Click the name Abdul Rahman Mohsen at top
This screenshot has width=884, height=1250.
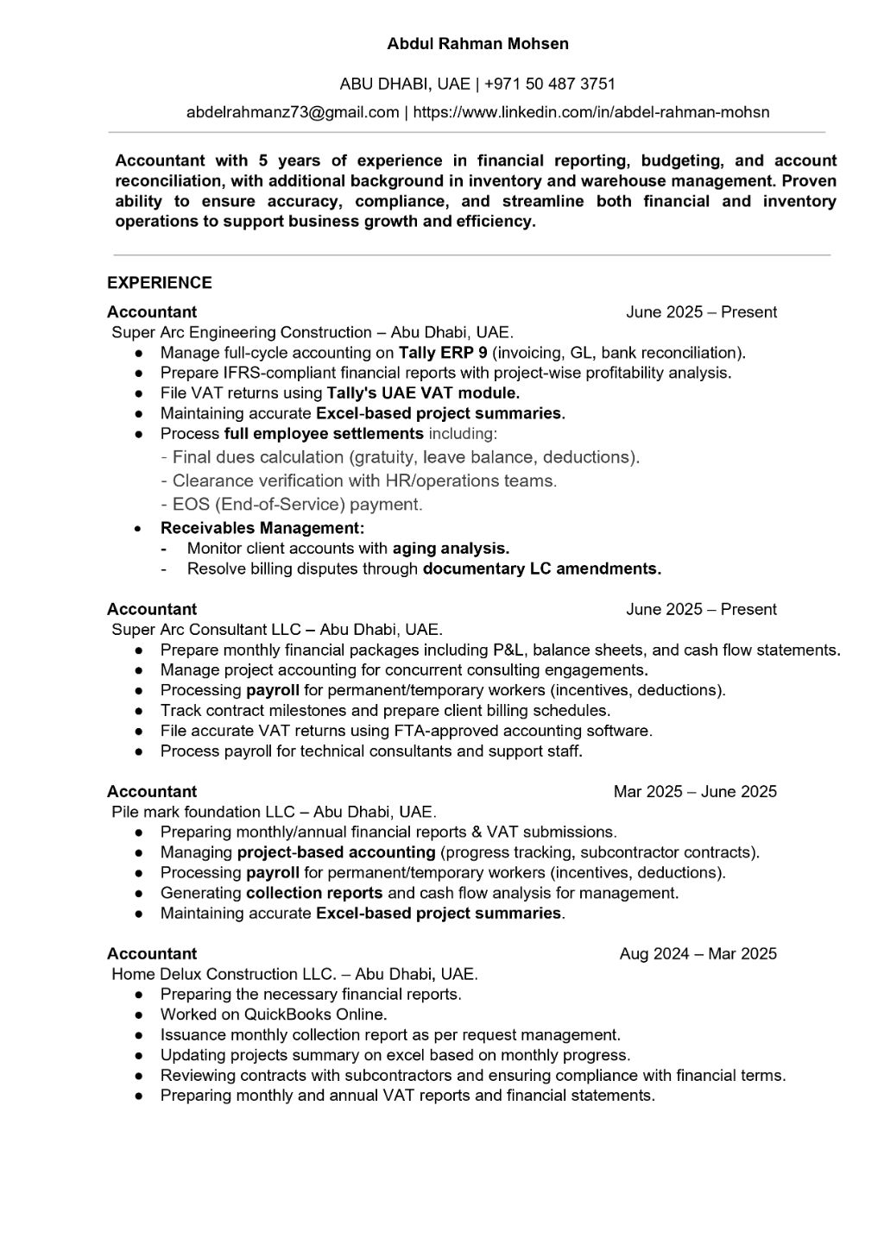(477, 43)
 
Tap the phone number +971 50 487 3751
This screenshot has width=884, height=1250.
(550, 84)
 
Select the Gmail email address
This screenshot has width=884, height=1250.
(293, 112)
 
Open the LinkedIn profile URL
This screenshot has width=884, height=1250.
(591, 112)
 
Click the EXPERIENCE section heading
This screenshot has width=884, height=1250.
(160, 283)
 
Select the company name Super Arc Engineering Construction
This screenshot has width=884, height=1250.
(242, 333)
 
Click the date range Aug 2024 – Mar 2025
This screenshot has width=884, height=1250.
(698, 954)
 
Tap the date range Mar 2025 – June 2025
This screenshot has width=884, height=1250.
(695, 792)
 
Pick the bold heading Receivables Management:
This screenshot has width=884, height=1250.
(262, 528)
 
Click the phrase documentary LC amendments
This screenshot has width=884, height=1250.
(541, 569)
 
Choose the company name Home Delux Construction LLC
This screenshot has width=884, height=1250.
(223, 975)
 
